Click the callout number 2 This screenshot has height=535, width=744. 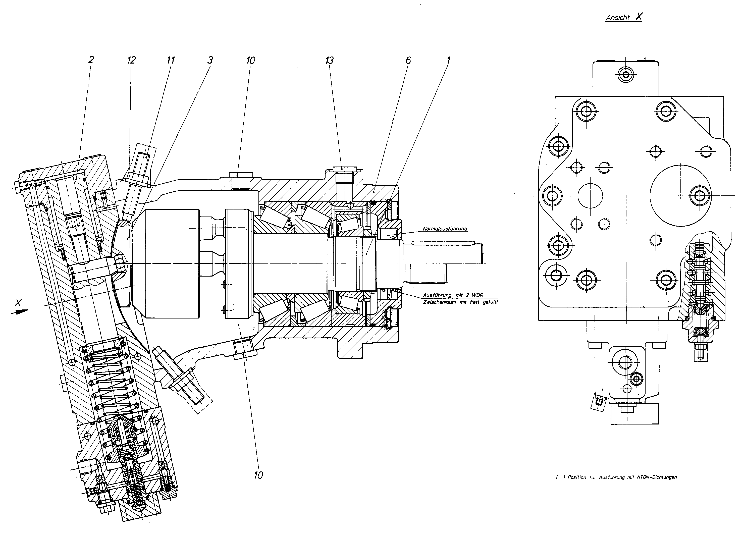(x=91, y=60)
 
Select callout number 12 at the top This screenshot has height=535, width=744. (x=131, y=60)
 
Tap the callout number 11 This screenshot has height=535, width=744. (x=171, y=60)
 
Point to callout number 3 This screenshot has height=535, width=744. (x=210, y=60)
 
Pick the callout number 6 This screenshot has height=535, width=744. (x=408, y=60)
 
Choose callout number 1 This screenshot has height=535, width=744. (x=448, y=60)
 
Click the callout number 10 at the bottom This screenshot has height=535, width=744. (x=258, y=475)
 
